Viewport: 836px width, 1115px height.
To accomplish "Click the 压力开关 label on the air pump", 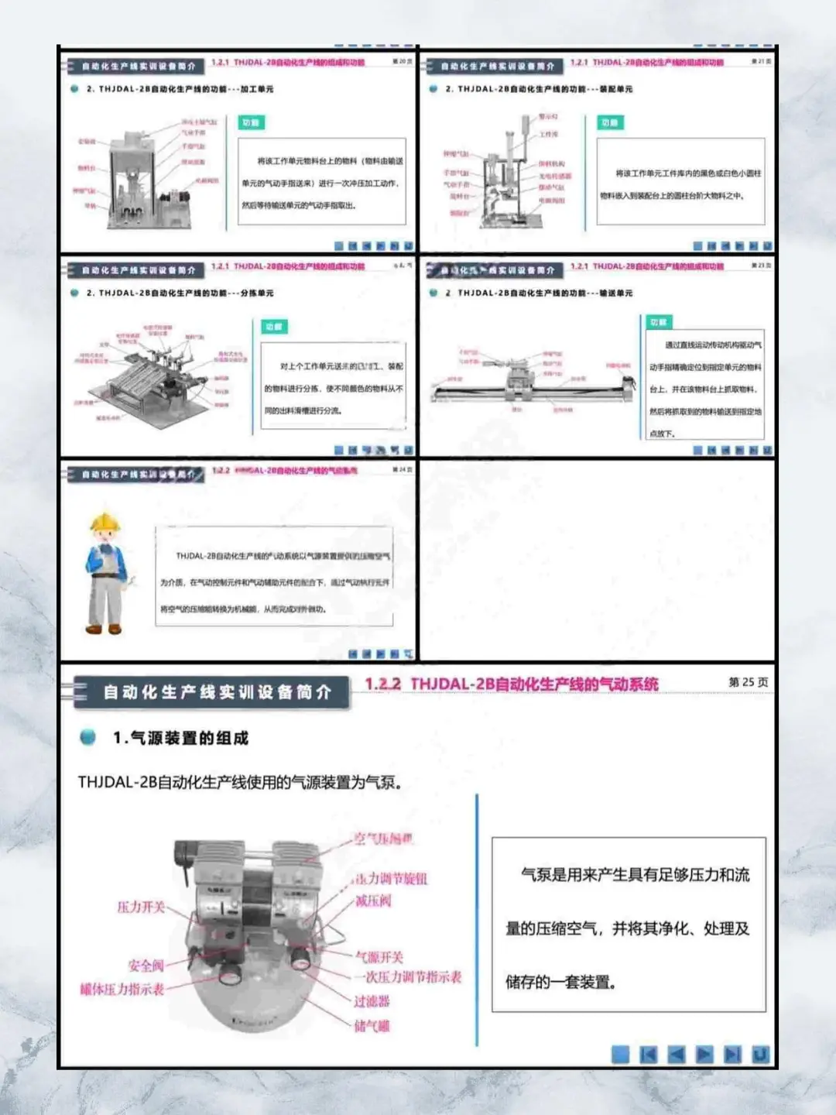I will (141, 907).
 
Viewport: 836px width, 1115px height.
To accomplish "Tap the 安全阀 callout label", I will (146, 966).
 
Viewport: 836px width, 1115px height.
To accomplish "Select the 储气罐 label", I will (372, 1026).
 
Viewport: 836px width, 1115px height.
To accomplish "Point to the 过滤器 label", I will (372, 1001).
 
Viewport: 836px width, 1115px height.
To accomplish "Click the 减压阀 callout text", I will (373, 901).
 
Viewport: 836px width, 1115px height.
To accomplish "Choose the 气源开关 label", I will (379, 957).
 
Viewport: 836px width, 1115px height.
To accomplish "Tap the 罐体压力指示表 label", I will (122, 989).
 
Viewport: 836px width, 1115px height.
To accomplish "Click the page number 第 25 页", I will (748, 682).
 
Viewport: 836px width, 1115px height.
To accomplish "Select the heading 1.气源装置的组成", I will (180, 738).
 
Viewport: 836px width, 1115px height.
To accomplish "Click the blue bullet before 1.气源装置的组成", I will (88, 737).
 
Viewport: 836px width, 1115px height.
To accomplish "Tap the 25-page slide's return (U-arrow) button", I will (760, 1054).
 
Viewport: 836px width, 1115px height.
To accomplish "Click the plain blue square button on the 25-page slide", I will (621, 1054).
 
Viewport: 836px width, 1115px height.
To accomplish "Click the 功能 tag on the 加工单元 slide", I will (252, 123).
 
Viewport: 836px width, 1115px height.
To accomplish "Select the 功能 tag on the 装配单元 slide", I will (610, 123).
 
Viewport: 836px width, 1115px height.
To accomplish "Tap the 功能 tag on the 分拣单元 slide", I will (274, 327).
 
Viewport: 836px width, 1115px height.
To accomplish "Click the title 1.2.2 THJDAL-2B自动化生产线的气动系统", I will (512, 684).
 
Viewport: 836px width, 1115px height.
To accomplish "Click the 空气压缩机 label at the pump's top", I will (383, 839).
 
